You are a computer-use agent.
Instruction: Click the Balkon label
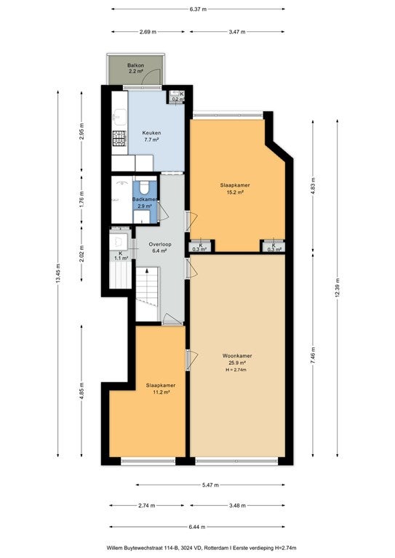136,65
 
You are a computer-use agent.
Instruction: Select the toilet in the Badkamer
145,187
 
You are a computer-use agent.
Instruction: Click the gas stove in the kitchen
119,139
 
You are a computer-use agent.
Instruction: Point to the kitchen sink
119,117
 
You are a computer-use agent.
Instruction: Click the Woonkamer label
237,355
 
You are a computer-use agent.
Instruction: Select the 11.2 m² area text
161,392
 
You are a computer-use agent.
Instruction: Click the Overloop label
160,244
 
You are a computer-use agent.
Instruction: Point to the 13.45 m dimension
58,274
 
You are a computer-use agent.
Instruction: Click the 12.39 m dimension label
338,288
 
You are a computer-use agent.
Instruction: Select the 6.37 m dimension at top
198,9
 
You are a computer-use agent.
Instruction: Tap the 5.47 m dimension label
210,485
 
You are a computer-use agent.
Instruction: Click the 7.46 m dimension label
313,355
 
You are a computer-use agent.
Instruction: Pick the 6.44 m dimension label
198,526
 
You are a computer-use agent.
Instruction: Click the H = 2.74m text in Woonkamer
236,370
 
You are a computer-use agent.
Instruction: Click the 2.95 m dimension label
81,132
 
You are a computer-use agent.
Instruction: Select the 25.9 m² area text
237,363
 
